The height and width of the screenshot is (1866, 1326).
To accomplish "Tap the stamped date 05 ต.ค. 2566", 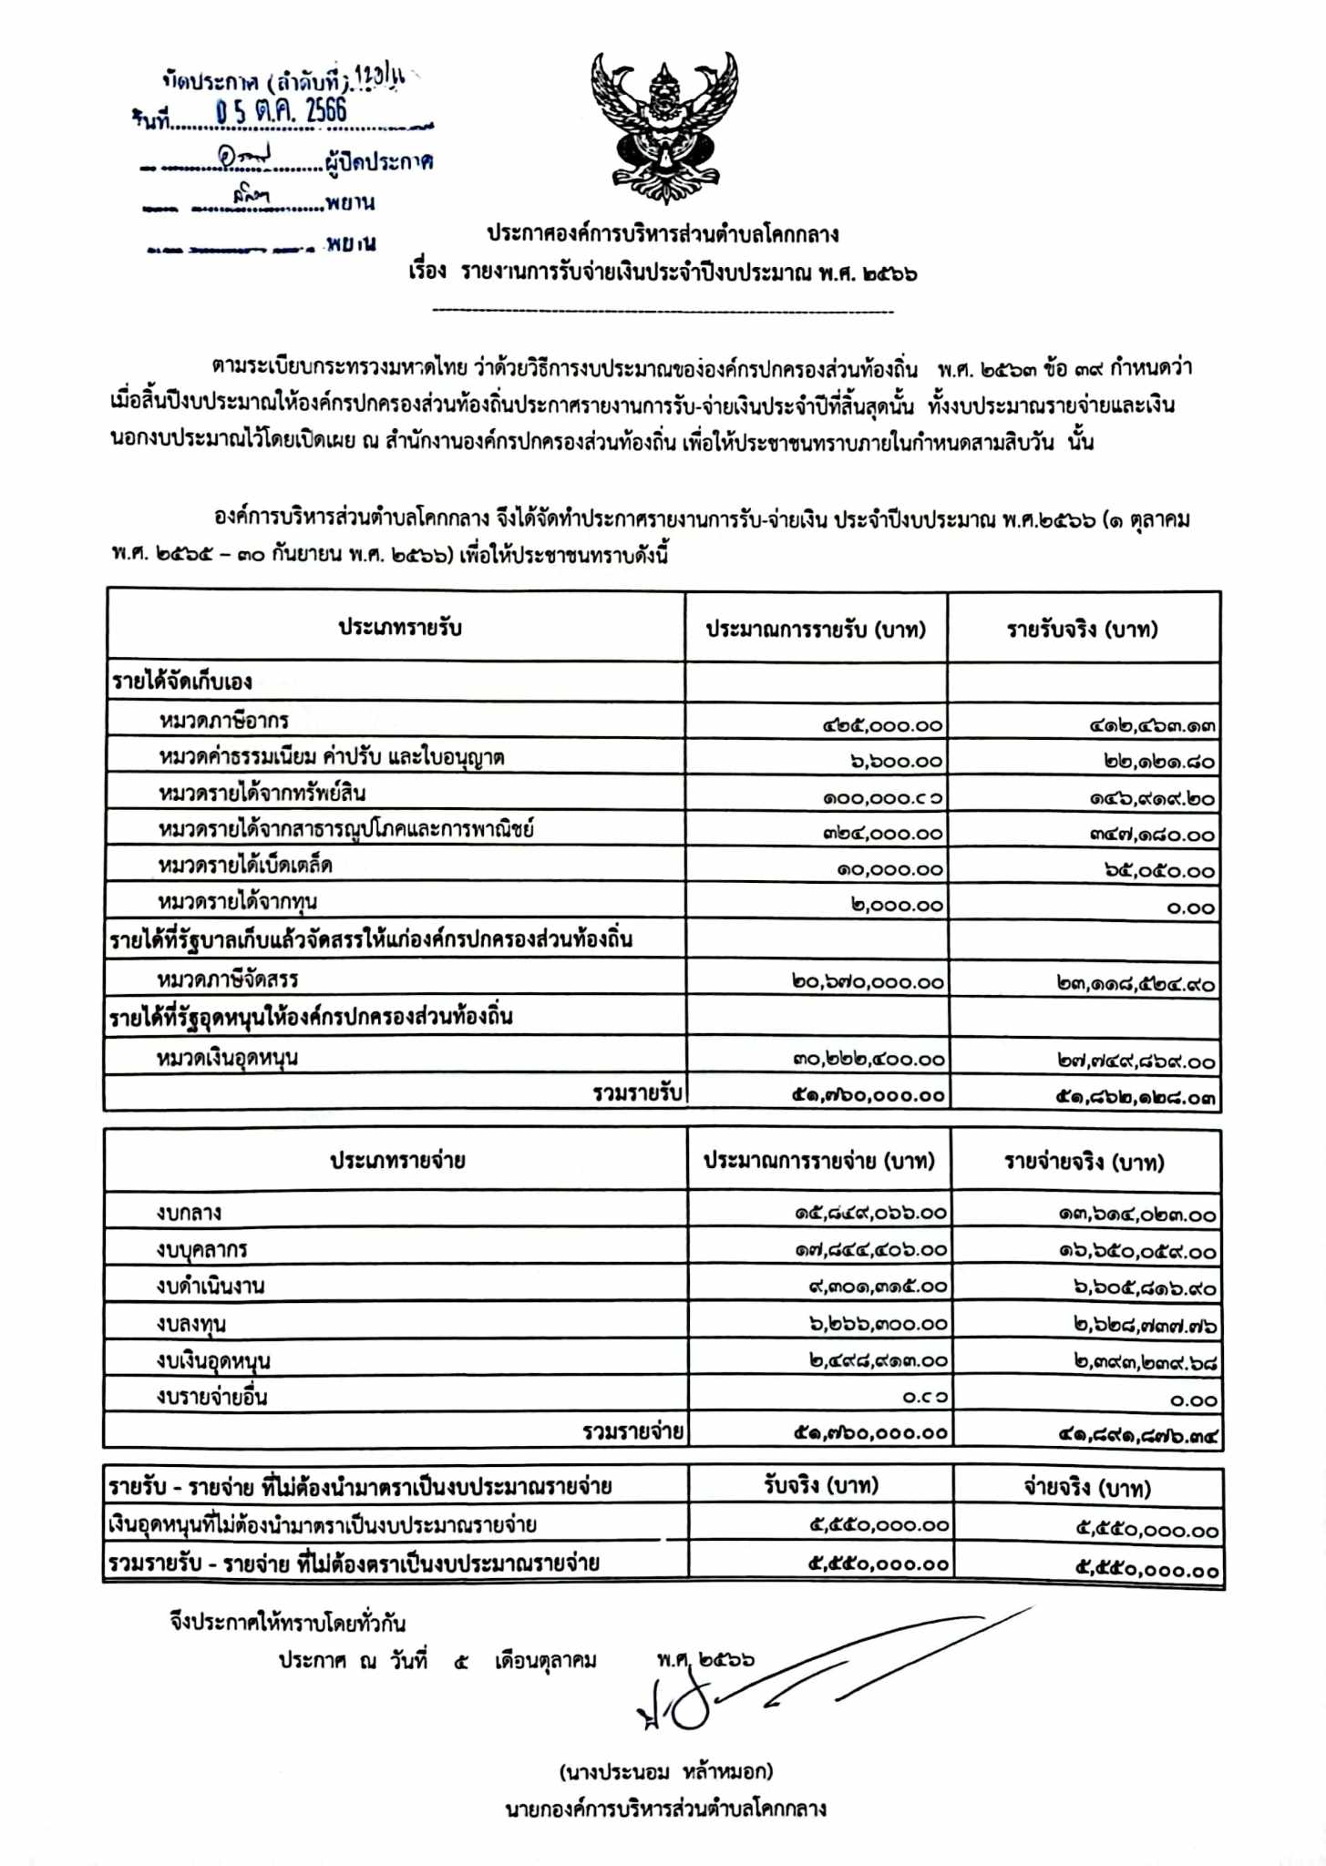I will pyautogui.click(x=281, y=111).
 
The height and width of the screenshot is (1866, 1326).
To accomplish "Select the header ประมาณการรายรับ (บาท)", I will pyautogui.click(x=816, y=630).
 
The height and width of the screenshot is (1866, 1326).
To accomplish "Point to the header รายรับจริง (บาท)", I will pyautogui.click(x=1082, y=630).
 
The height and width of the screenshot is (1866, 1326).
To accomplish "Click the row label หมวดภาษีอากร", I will pyautogui.click(x=223, y=721).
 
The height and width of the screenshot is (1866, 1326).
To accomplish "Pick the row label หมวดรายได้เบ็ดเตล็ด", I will pyautogui.click(x=245, y=865).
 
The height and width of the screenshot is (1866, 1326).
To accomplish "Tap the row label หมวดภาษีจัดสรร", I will pyautogui.click(x=228, y=979).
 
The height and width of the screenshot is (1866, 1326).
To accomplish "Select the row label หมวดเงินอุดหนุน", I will pyautogui.click(x=227, y=1058).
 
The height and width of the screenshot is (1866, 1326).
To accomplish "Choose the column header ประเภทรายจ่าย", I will pyautogui.click(x=397, y=1161).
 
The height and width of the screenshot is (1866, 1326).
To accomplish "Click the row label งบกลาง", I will pyautogui.click(x=189, y=1213).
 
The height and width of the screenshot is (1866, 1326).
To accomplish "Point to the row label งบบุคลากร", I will pyautogui.click(x=201, y=1249).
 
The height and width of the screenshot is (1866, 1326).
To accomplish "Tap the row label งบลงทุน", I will pyautogui.click(x=190, y=1323).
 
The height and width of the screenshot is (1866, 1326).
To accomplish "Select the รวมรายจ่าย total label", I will pyautogui.click(x=633, y=1431).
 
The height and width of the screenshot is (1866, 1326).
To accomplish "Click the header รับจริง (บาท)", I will pyautogui.click(x=820, y=1486).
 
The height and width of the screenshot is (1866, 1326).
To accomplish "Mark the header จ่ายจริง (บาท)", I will pyautogui.click(x=1086, y=1488).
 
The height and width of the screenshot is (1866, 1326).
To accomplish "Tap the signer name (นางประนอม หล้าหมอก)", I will pyautogui.click(x=665, y=1771).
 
